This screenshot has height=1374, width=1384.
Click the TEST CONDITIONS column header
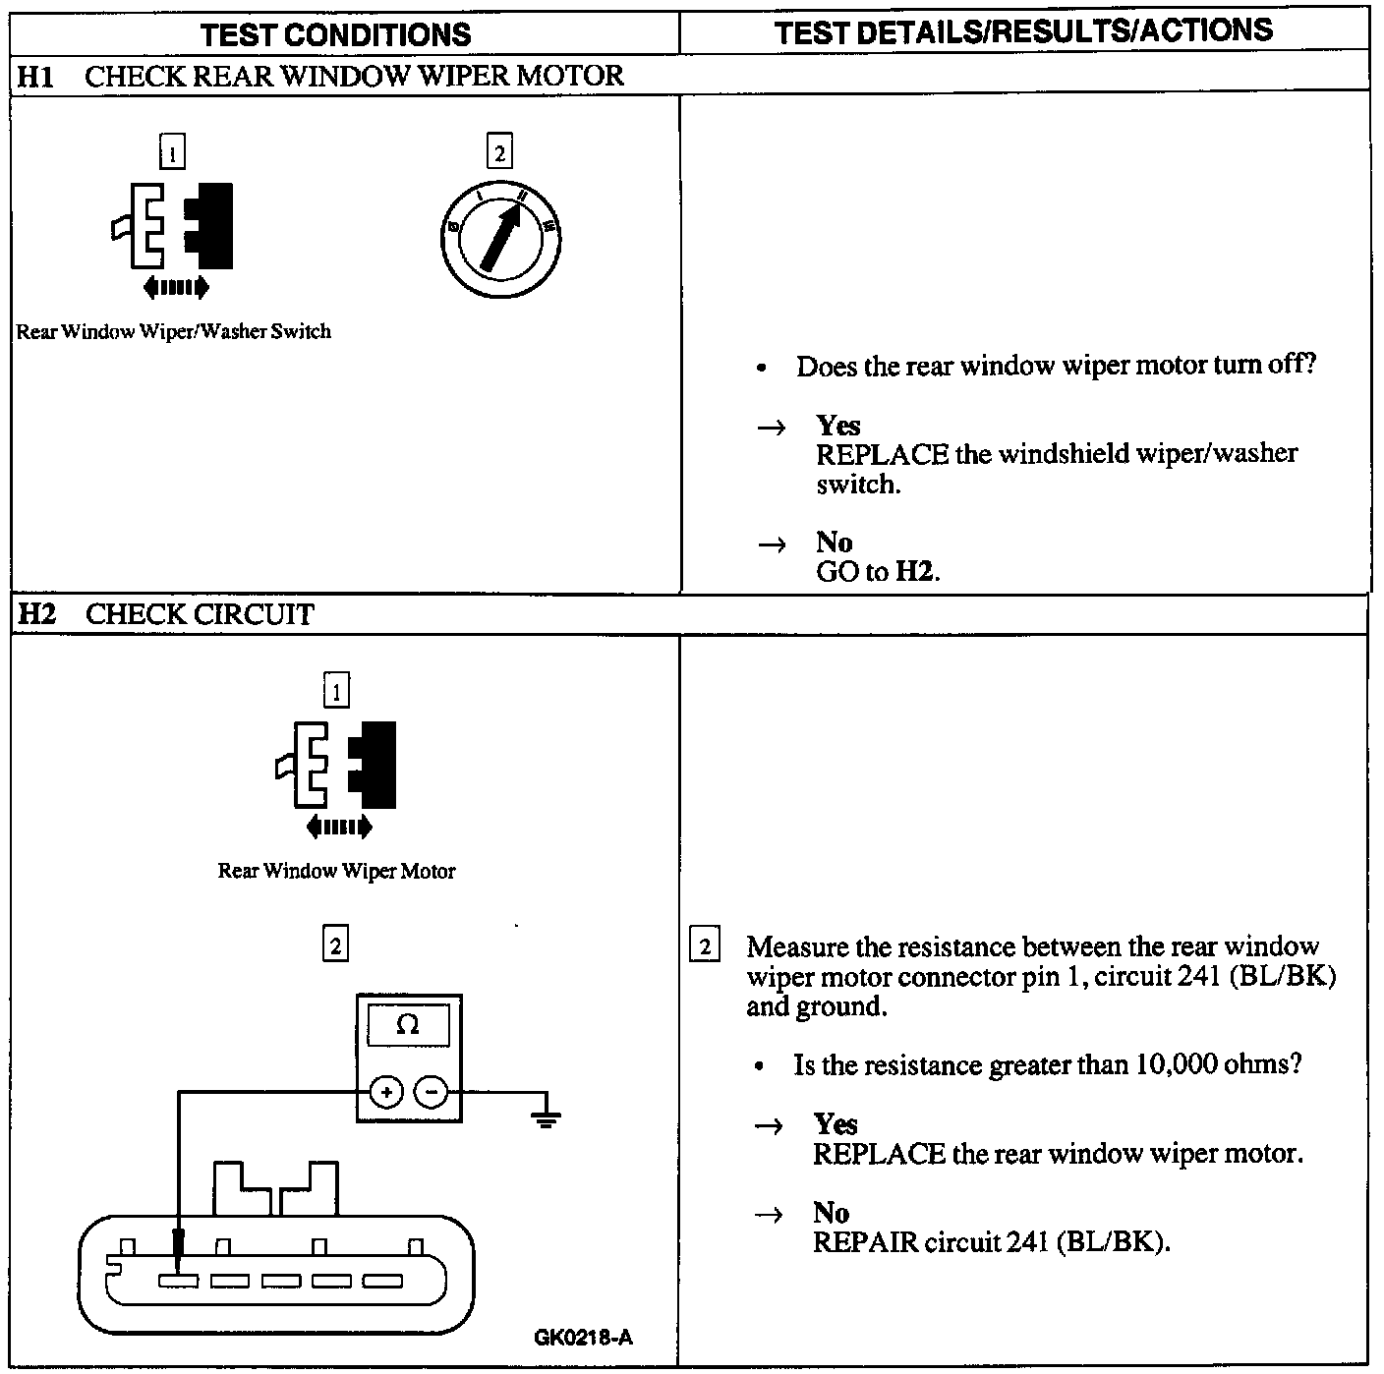336,34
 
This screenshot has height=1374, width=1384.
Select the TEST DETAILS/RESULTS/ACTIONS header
1023,31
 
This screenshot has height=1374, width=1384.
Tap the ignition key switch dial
500,239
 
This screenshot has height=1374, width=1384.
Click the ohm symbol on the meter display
407,1025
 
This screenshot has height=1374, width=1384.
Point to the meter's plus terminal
385,1092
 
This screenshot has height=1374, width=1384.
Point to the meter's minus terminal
431,1092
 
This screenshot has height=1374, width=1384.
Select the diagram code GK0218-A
583,1338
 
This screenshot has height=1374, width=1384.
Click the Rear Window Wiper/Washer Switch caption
174,332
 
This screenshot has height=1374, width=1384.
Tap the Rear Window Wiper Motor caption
336,871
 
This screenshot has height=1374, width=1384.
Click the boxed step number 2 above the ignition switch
499,152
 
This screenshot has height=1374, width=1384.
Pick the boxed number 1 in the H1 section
172,153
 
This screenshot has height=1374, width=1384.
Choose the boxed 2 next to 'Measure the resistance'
705,947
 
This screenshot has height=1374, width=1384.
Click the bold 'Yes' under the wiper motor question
837,426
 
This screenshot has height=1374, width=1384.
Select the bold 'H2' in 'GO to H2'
914,572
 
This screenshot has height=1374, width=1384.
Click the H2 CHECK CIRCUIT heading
166,615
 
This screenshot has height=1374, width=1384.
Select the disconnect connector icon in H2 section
337,776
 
